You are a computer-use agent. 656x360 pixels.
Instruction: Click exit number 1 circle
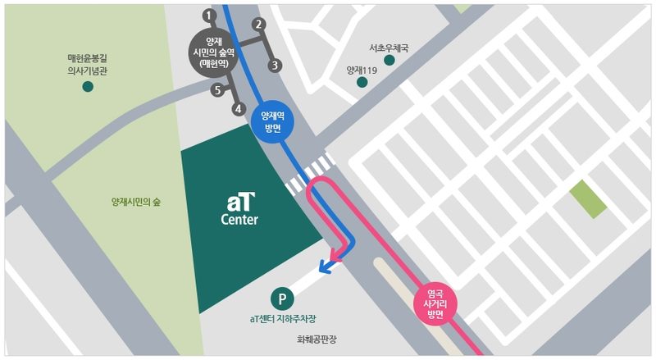tap(209, 15)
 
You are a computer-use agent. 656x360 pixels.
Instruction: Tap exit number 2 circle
tap(259, 24)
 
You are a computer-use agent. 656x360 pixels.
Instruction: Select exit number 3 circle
tap(276, 65)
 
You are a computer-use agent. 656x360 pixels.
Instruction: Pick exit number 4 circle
tap(239, 107)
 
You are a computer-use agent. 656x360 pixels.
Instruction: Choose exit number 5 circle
tap(217, 89)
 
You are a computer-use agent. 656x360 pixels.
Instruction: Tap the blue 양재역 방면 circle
tap(271, 123)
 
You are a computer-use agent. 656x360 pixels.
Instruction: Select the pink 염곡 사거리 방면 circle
tap(435, 303)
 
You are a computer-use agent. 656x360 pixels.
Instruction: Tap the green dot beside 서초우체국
tap(389, 60)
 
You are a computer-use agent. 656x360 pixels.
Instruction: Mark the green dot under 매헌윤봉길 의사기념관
tap(88, 85)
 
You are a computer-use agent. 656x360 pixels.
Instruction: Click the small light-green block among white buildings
tap(587, 198)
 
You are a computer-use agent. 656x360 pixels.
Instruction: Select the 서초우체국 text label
tap(389, 47)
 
